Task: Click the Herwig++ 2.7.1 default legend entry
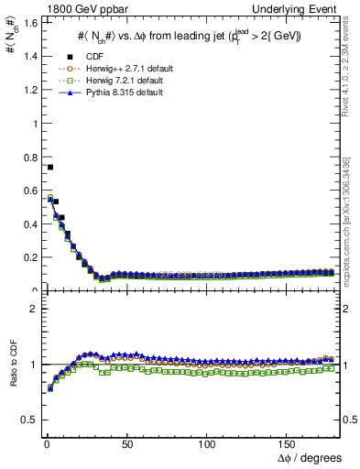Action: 114,70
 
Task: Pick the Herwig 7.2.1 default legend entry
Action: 112,82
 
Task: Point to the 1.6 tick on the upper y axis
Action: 25,22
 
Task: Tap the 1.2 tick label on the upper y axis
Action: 25,90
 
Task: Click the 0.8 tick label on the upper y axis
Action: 25,157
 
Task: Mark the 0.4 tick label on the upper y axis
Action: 25,224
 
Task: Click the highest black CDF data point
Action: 50,167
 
